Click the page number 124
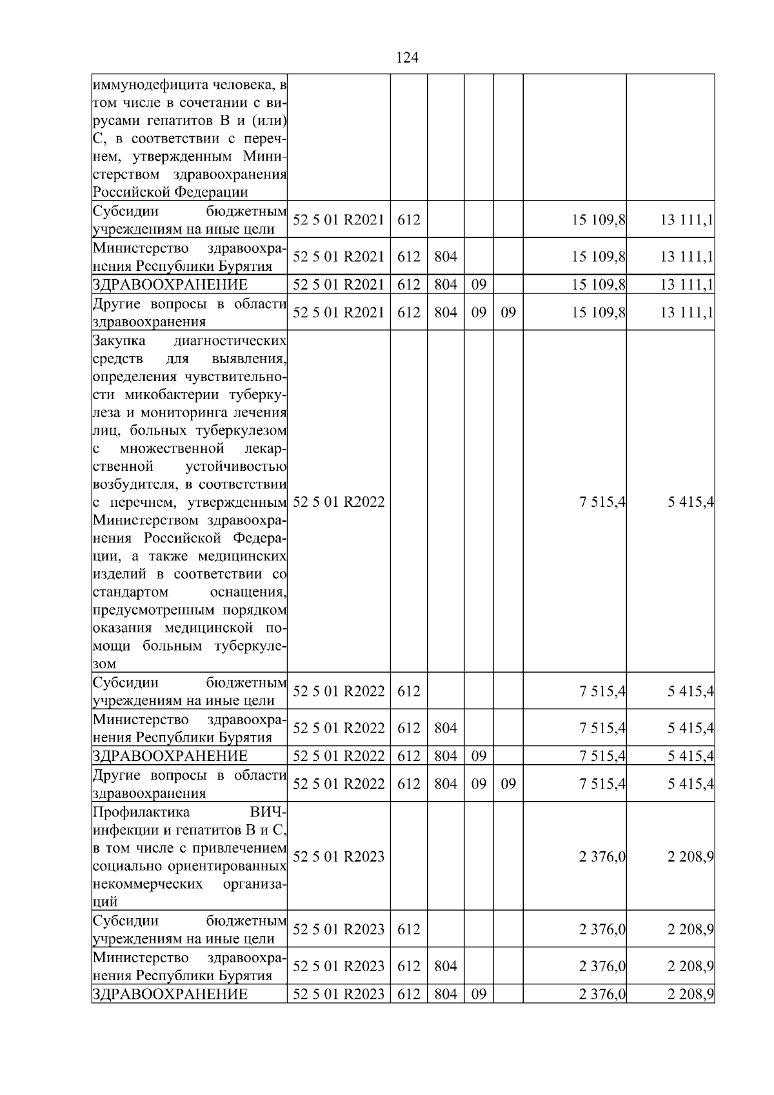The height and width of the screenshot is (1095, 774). tap(407, 58)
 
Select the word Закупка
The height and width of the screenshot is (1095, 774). tap(119, 340)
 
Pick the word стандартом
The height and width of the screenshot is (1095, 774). tap(131, 592)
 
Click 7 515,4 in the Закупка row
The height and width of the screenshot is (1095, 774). tap(602, 502)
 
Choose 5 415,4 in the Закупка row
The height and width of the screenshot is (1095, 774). tap(690, 502)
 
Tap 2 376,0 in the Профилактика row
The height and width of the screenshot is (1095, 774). tap(602, 857)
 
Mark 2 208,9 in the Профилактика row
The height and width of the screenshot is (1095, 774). tap(690, 857)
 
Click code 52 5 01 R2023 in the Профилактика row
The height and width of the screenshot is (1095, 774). tap(339, 856)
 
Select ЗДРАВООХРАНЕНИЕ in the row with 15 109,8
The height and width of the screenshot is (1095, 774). tap(170, 285)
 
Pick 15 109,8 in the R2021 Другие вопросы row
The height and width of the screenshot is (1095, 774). tap(598, 313)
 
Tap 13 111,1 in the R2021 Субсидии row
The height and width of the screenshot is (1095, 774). tap(686, 220)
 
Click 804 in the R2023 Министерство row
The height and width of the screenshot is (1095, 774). tap(446, 966)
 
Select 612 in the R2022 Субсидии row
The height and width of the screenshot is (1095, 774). tap(409, 692)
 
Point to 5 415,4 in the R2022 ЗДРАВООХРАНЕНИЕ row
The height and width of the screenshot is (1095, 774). tap(690, 756)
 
